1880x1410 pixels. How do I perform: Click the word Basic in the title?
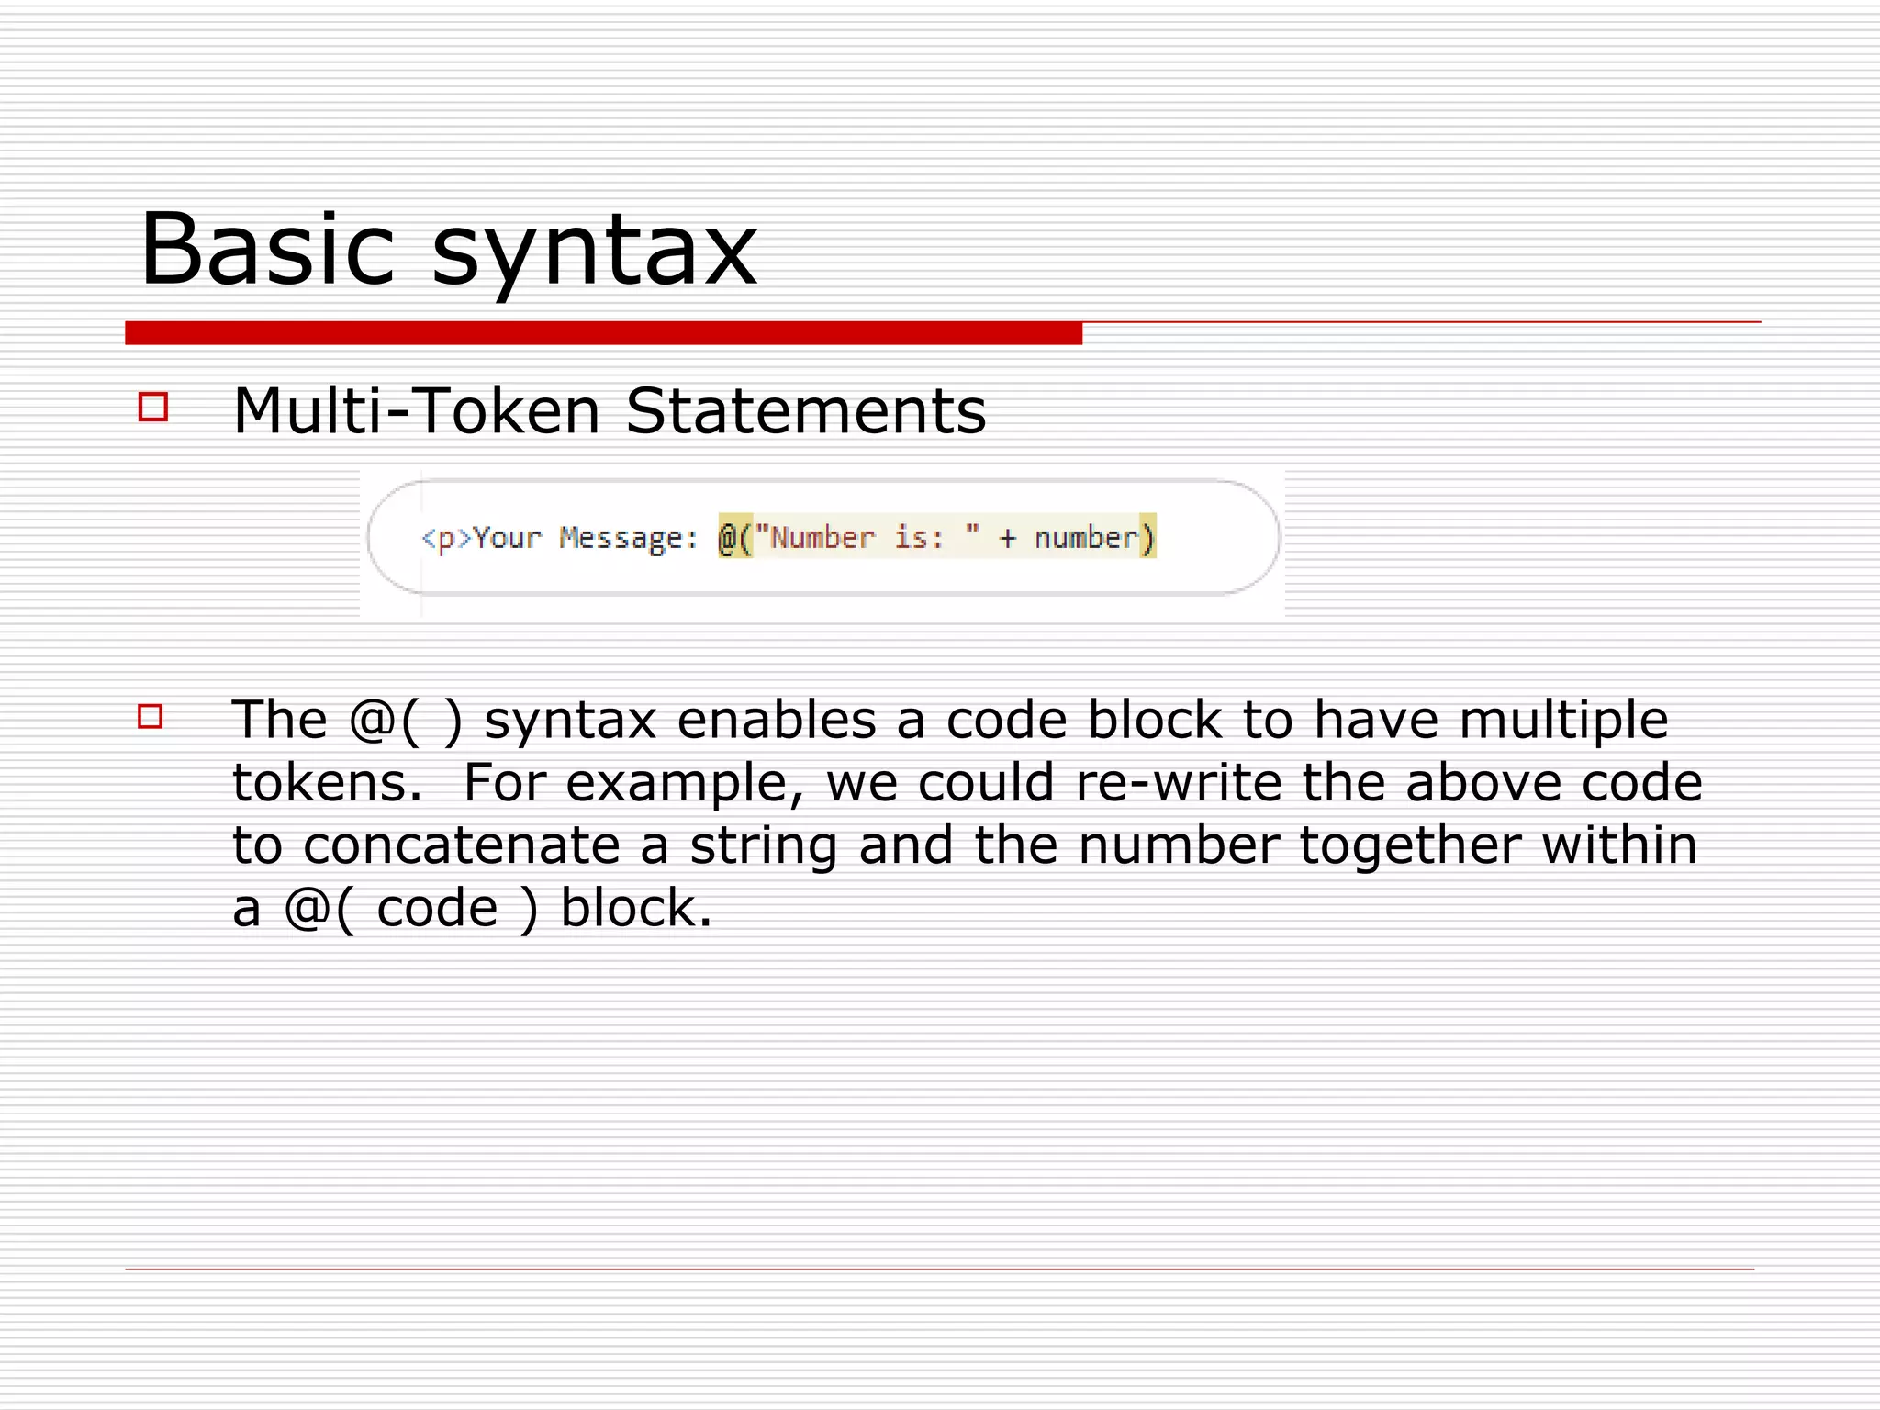tap(267, 250)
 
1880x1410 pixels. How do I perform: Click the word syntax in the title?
tap(594, 252)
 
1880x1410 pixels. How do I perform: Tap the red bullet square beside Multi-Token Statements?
tap(153, 407)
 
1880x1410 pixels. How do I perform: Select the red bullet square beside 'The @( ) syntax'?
tap(151, 716)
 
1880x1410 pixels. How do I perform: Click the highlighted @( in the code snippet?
tap(734, 537)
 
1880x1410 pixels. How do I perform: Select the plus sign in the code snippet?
tap(1007, 537)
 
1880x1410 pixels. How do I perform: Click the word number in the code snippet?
tap(1086, 537)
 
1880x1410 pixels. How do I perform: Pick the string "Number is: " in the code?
tap(867, 537)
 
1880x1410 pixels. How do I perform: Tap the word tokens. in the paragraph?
tap(327, 782)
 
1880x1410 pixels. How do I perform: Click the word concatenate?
tap(462, 845)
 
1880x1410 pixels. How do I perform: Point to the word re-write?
tap(1178, 782)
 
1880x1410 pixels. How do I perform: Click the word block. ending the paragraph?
tap(636, 908)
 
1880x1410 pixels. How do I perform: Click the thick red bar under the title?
tap(603, 332)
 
